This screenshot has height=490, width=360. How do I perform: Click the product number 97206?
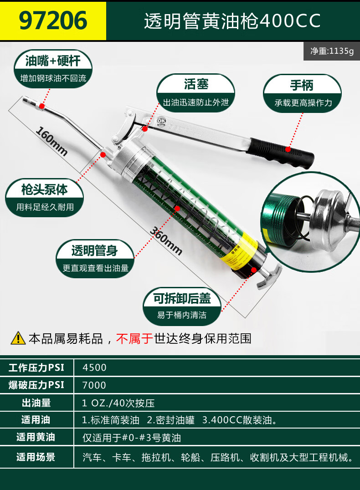coord(53,20)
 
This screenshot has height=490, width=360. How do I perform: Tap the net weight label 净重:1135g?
coord(332,51)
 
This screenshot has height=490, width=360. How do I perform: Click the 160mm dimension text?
coord(51,141)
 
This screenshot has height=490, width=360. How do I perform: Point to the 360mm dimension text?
coord(166,240)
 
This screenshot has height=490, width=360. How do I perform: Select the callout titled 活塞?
coord(195,93)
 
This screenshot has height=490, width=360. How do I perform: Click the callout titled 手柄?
coord(302,93)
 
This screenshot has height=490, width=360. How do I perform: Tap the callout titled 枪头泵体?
coord(44,198)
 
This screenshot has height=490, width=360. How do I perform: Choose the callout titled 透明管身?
coord(95,259)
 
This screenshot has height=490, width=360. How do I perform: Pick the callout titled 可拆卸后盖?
coord(182,306)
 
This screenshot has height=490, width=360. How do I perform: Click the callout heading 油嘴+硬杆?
coord(53,61)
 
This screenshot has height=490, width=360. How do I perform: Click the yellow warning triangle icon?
coord(18,338)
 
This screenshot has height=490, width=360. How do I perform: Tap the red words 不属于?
coord(134,338)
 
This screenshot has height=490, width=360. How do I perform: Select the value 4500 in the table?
coord(94,367)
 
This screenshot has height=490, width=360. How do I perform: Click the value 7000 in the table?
coord(94,385)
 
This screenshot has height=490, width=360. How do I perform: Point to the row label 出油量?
coord(36,403)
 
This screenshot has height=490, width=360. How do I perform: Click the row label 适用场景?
coord(36,457)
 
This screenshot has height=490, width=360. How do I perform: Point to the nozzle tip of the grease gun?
coord(25,100)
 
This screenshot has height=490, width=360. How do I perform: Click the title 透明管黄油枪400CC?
coord(232,21)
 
